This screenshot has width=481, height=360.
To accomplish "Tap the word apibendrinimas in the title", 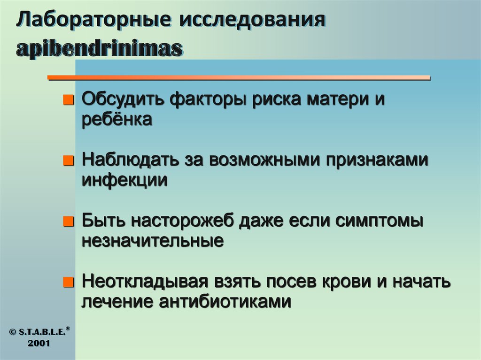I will tap(99, 49).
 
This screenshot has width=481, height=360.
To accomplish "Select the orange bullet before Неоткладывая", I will tap(69, 283).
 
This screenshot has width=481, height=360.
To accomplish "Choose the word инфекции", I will tap(125, 180).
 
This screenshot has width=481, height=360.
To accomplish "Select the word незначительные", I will tap(152, 241).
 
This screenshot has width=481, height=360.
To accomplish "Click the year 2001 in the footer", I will tap(39, 343).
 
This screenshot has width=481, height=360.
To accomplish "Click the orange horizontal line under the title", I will tap(240, 77).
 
